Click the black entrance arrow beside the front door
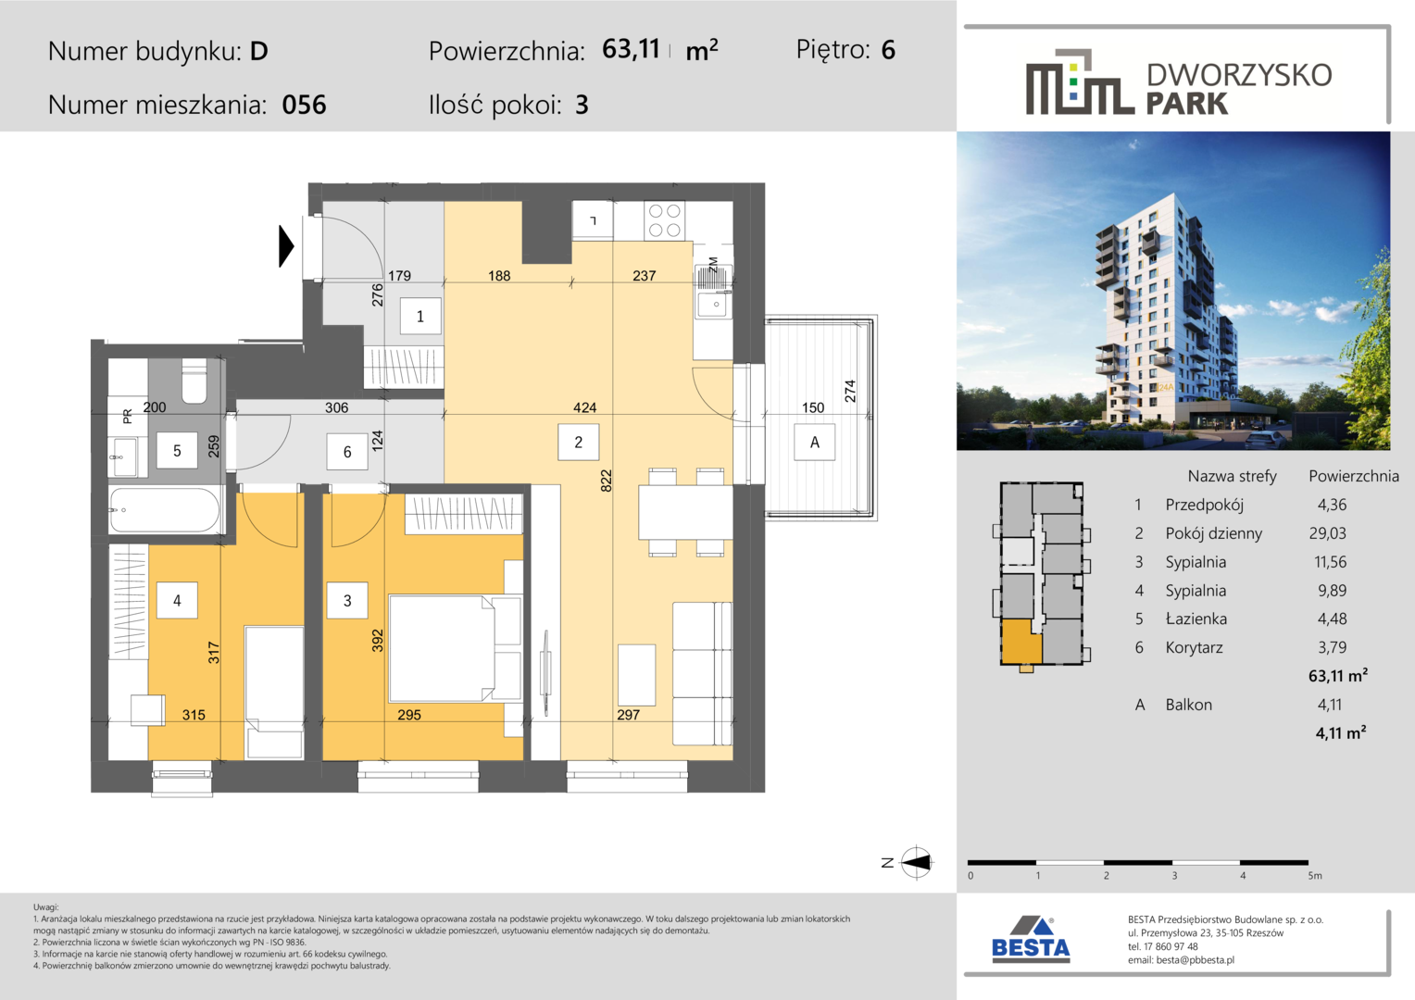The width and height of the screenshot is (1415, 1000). click(x=286, y=245)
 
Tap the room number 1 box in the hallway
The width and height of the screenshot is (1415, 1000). click(x=420, y=316)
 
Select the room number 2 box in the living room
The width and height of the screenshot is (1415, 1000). click(x=578, y=443)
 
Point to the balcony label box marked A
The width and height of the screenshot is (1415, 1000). click(x=814, y=443)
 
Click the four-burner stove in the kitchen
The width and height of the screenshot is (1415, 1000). click(x=665, y=220)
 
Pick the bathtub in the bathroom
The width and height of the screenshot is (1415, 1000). click(x=166, y=510)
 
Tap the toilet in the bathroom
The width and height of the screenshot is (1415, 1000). click(x=194, y=381)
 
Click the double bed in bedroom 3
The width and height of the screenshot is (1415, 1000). click(x=455, y=648)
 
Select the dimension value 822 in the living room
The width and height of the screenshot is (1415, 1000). click(x=606, y=481)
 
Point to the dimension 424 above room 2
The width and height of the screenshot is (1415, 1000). click(x=584, y=407)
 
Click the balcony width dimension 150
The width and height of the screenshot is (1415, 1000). click(x=813, y=407)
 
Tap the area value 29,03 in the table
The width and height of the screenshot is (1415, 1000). click(x=1328, y=533)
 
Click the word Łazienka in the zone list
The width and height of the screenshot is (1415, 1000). click(x=1196, y=619)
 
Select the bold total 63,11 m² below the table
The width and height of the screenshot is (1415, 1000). click(x=1338, y=675)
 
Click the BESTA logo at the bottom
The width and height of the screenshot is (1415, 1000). click(x=1031, y=940)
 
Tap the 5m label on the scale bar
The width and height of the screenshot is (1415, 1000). click(x=1315, y=876)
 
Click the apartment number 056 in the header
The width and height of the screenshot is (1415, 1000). click(x=304, y=105)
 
